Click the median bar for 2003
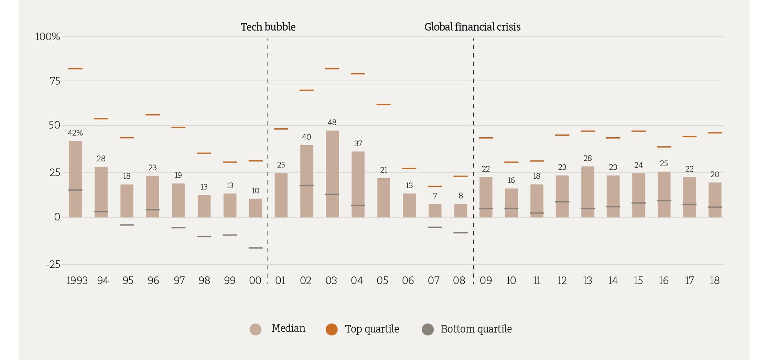[332, 174]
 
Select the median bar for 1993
[75, 179]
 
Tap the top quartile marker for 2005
[383, 104]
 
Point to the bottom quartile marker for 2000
[255, 248]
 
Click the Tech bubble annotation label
[268, 27]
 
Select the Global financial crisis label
[472, 27]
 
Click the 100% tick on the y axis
[47, 37]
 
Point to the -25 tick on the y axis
[53, 264]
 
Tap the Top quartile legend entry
[363, 329]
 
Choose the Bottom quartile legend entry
[467, 329]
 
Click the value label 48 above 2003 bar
[332, 123]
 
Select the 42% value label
[75, 133]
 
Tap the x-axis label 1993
[77, 280]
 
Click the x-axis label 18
[714, 280]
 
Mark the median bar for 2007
[435, 211]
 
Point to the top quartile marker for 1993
[75, 68]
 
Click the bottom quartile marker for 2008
[460, 233]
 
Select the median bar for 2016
[664, 194]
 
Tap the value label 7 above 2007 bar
[435, 196]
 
